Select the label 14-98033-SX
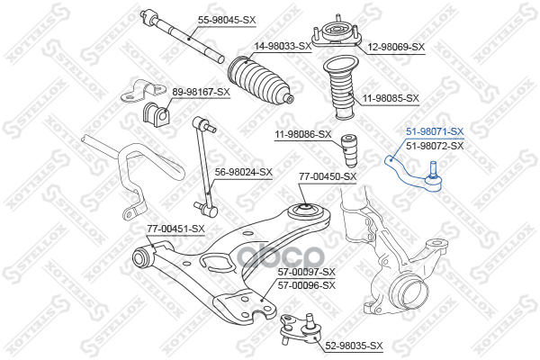click(x=282, y=45)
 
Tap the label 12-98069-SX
click(x=393, y=45)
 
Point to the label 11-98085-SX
click(x=391, y=97)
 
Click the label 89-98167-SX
click(x=201, y=92)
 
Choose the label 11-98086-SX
click(x=302, y=135)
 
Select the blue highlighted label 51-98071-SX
click(x=435, y=131)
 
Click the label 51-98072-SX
click(x=435, y=145)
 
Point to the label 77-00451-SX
click(x=176, y=229)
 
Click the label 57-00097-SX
click(x=305, y=272)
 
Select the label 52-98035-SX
click(x=354, y=346)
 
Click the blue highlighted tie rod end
click(x=411, y=173)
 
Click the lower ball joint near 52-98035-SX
click(x=300, y=327)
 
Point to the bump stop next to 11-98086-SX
click(x=354, y=149)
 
